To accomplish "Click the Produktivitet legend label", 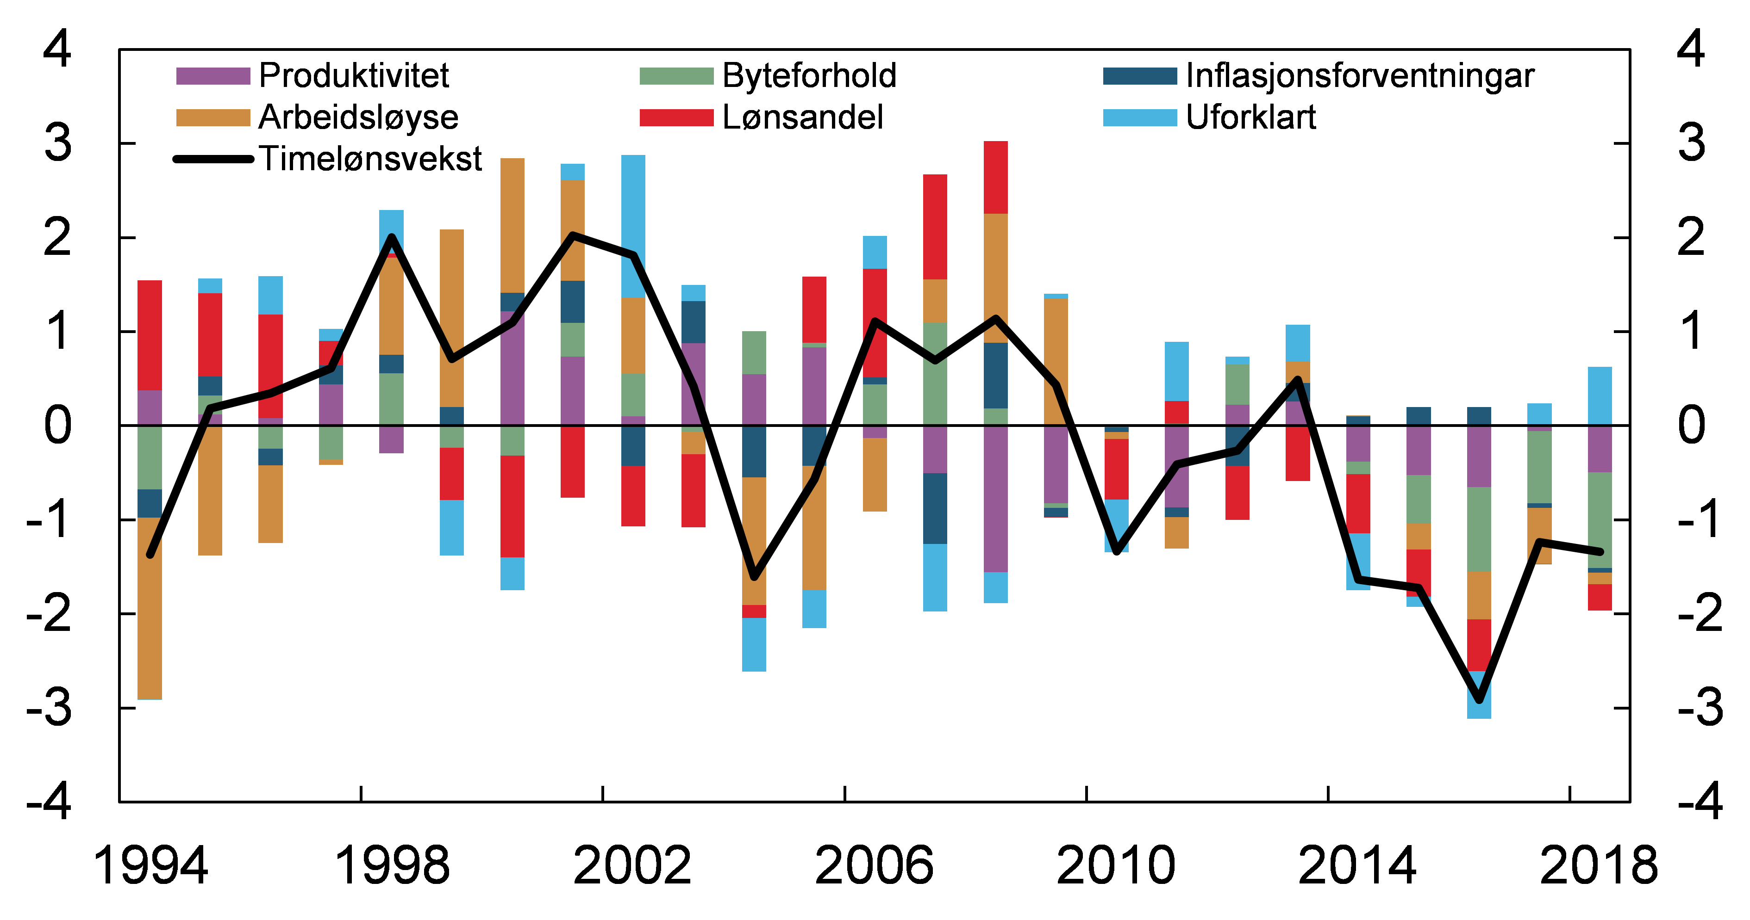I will click(353, 75).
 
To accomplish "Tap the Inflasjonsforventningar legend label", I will click(1359, 75).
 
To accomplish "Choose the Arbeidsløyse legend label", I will click(358, 117).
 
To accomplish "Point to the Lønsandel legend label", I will click(802, 117).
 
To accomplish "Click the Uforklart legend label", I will click(1250, 117).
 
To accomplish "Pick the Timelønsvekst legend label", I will click(370, 159).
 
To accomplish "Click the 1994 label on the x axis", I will click(150, 866).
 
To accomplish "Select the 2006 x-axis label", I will click(875, 866).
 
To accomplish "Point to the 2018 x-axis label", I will click(1599, 866).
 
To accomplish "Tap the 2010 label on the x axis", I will click(1115, 866).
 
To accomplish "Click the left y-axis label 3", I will click(58, 143).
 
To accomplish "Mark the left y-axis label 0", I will click(58, 426).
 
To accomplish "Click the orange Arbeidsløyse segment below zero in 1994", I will click(150, 608).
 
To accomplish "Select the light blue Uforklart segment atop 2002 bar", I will click(633, 226).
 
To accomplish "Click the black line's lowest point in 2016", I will click(1479, 700).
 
